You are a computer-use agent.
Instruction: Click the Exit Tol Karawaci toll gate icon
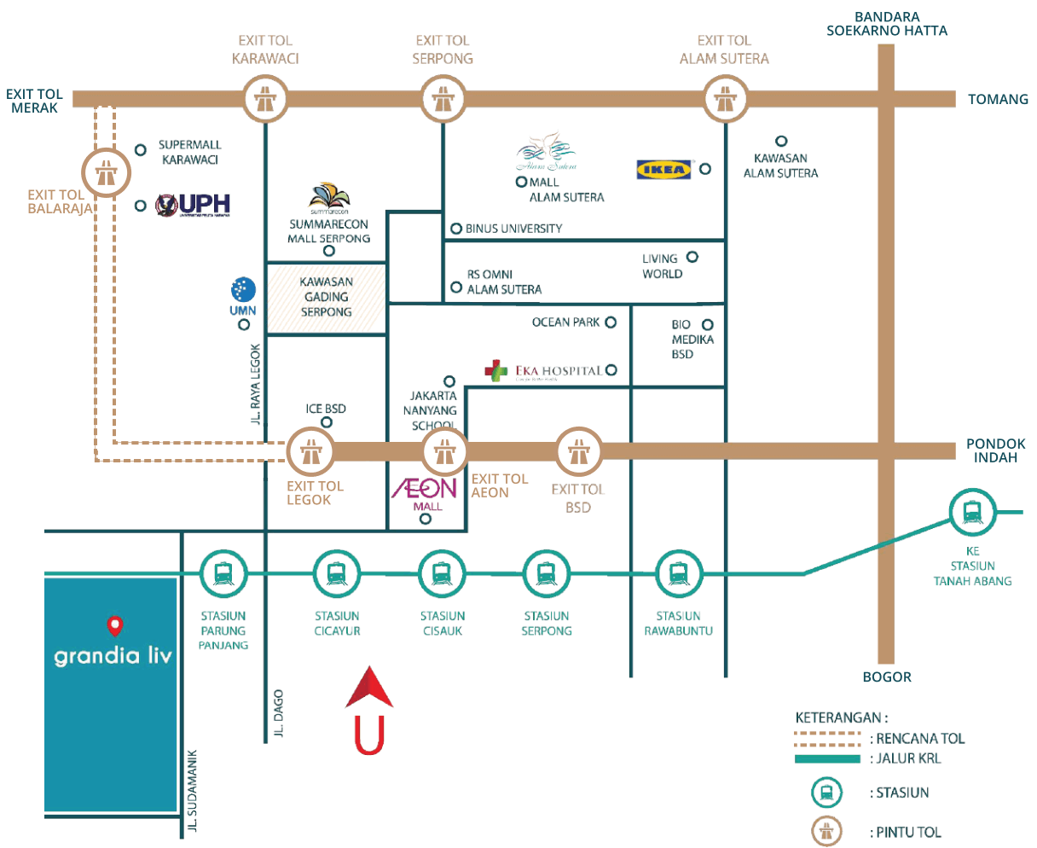point(265,100)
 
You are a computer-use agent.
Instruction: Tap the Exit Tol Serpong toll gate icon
point(443,100)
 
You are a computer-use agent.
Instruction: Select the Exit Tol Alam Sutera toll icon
point(725,99)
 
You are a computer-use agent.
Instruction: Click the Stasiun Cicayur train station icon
point(337,573)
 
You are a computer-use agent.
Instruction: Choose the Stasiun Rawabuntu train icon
point(678,573)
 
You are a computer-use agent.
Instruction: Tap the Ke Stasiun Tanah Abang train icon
point(972,513)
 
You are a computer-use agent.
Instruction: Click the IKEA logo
point(665,169)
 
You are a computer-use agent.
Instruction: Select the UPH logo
point(194,205)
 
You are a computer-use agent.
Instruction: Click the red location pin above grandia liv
point(114,627)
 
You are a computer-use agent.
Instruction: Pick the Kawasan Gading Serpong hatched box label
point(326,297)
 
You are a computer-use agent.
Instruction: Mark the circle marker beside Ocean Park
point(611,322)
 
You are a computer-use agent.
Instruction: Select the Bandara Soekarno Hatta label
point(887,24)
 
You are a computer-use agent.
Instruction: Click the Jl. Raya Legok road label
point(255,383)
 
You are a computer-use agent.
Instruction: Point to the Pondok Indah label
point(995,450)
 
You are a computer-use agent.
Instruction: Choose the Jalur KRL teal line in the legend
point(827,758)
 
